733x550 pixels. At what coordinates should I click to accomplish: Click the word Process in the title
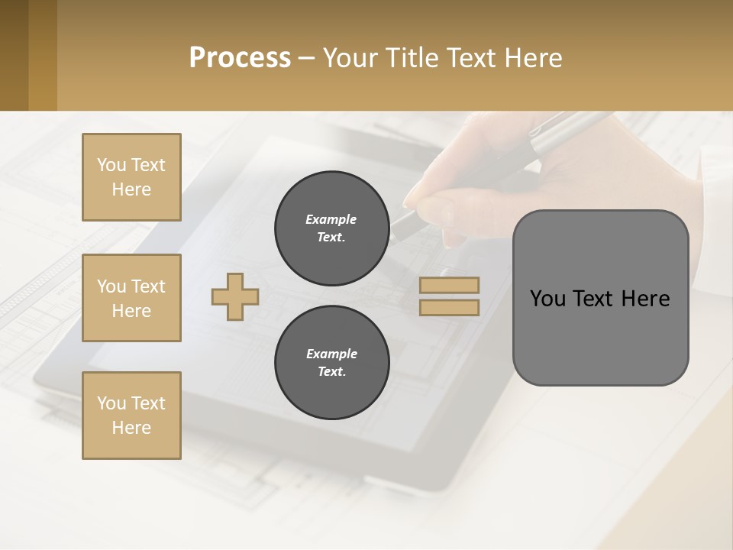[240, 57]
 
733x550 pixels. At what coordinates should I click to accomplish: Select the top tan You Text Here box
[131, 177]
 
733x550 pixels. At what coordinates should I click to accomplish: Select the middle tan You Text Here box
[131, 298]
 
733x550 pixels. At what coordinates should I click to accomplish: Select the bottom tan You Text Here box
[131, 416]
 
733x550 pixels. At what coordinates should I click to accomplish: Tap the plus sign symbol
[235, 296]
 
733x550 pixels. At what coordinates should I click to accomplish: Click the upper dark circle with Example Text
[331, 228]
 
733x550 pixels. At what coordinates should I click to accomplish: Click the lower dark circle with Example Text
[331, 362]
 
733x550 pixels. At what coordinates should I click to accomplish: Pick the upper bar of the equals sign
[449, 285]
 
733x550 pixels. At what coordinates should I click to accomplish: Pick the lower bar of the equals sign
[449, 307]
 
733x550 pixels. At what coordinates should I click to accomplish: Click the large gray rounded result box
[600, 336]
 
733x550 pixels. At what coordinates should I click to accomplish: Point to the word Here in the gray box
[645, 299]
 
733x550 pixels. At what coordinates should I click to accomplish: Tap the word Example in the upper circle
[331, 219]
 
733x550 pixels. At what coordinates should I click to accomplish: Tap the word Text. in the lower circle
[331, 371]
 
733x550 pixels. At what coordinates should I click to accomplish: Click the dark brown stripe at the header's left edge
[14, 55]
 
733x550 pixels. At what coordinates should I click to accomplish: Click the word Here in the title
[531, 58]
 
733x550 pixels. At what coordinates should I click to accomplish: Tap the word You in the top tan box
[111, 165]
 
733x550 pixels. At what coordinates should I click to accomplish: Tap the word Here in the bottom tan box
[131, 428]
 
